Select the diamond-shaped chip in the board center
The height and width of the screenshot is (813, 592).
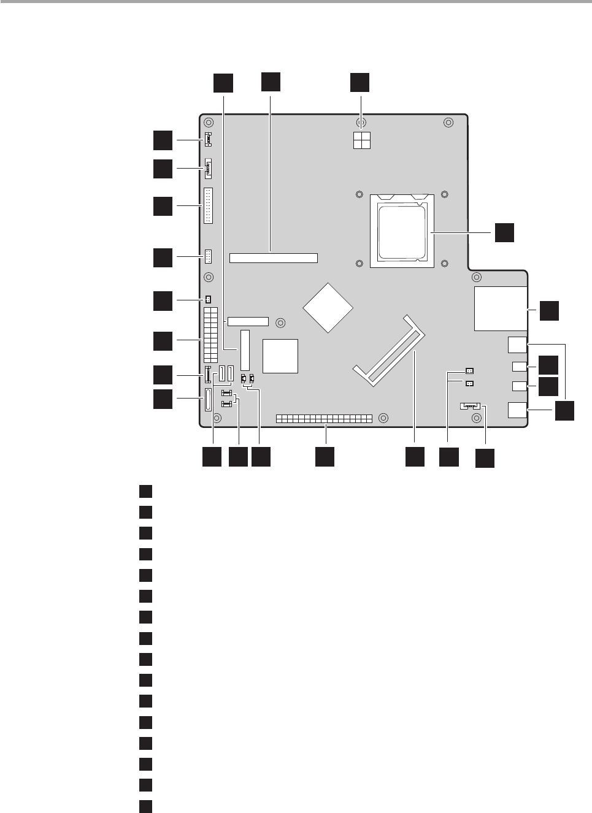[x=328, y=308]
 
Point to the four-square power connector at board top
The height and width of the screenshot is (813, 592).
[x=361, y=141]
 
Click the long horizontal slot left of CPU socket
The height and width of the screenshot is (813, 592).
[x=274, y=258]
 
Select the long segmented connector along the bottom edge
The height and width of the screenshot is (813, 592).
[x=324, y=418]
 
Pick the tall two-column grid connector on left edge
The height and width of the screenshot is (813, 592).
[x=210, y=335]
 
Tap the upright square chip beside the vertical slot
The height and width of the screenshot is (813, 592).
[x=280, y=356]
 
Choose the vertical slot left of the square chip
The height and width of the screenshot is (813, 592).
[x=245, y=349]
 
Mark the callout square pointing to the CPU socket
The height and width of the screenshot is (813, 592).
[x=504, y=232]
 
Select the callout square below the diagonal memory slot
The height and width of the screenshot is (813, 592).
[x=415, y=457]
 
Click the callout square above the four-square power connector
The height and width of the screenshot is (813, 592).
[x=360, y=83]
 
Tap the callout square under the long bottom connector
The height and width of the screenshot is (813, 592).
[x=325, y=457]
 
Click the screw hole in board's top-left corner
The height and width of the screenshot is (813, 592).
[x=209, y=122]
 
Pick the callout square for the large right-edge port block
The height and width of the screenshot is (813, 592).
[x=550, y=310]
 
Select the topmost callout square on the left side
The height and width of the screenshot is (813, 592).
[x=163, y=140]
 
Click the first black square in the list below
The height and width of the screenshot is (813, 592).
[x=145, y=491]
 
